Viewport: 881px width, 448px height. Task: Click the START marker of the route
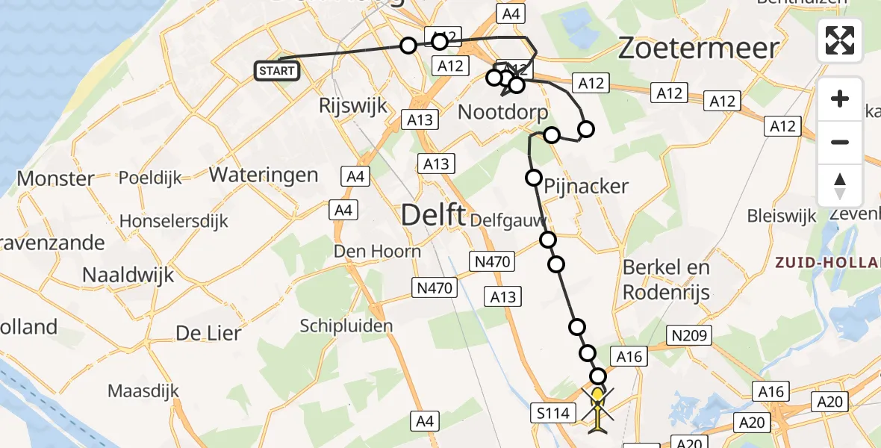click(x=278, y=71)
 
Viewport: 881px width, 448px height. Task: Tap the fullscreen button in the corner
click(x=840, y=40)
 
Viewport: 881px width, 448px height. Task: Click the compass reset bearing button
click(x=840, y=186)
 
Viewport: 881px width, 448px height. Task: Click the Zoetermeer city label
click(x=699, y=49)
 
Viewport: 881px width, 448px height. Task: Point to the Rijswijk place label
click(x=353, y=105)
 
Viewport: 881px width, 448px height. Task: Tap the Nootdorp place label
click(x=502, y=113)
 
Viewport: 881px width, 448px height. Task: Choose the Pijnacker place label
click(x=586, y=186)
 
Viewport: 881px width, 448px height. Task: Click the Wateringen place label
click(x=264, y=175)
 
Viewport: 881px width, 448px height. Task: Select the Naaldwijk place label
click(x=128, y=274)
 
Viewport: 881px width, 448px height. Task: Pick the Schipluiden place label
click(x=346, y=326)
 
